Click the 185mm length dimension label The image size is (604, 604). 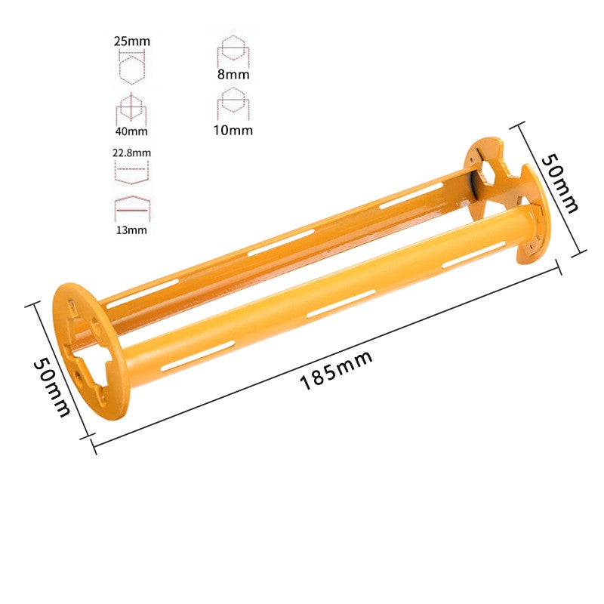click(x=336, y=370)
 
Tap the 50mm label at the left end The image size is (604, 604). click(x=52, y=387)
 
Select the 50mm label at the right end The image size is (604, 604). click(x=559, y=183)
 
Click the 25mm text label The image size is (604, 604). click(x=132, y=41)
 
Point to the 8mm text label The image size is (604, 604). click(x=233, y=74)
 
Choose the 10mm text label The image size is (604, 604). click(x=233, y=130)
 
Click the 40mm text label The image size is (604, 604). click(x=131, y=131)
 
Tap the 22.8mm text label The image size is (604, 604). click(x=131, y=153)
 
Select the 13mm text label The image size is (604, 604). click(x=131, y=230)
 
